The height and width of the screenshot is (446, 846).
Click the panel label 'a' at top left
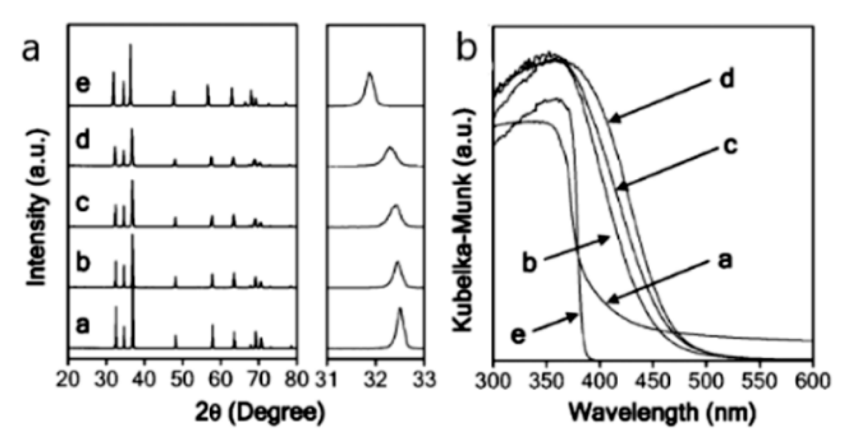[x=32, y=50]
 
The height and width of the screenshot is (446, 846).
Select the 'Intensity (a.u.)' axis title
[x=37, y=208]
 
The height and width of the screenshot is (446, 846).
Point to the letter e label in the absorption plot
[x=518, y=335]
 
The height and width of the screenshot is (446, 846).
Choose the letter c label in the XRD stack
[x=82, y=204]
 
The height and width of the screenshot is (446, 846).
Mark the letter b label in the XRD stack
[x=82, y=263]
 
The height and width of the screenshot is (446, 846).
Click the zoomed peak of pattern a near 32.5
[x=400, y=310]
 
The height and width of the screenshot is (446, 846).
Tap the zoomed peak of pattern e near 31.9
[x=370, y=74]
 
